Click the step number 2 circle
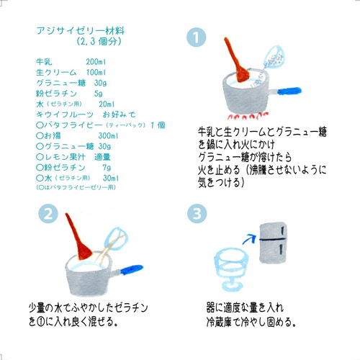click(x=48, y=214)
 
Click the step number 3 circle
click(x=197, y=214)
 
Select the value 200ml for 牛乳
click(x=96, y=63)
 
